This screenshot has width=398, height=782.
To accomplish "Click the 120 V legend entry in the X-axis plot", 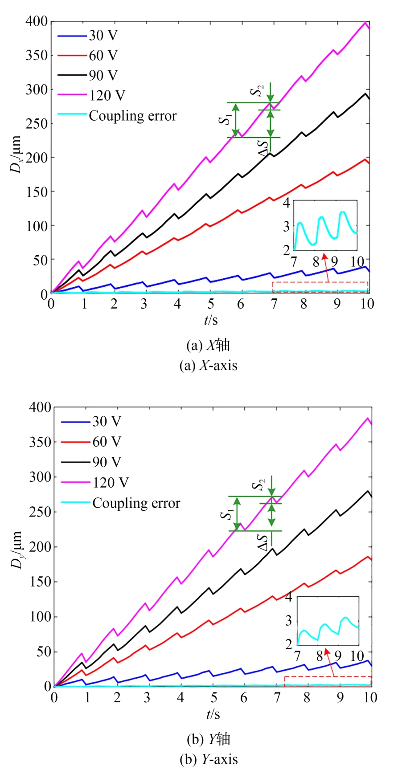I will tap(107, 95).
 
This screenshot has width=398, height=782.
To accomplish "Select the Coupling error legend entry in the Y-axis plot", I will tap(136, 503).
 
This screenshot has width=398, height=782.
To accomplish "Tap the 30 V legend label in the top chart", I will tap(103, 35).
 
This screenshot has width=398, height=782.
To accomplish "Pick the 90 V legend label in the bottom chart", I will tap(107, 462).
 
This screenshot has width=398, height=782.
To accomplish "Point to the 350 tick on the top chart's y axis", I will tap(37, 55).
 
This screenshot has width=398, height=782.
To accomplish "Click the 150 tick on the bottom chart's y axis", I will tap(40, 582).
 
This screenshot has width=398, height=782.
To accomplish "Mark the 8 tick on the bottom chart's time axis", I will tap(307, 697).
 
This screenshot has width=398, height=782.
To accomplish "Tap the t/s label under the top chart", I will tap(211, 319).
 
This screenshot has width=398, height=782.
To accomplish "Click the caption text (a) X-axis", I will tap(208, 366).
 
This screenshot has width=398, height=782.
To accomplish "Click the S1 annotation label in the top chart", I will tap(227, 119).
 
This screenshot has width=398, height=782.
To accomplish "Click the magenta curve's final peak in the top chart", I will tap(365, 23).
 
